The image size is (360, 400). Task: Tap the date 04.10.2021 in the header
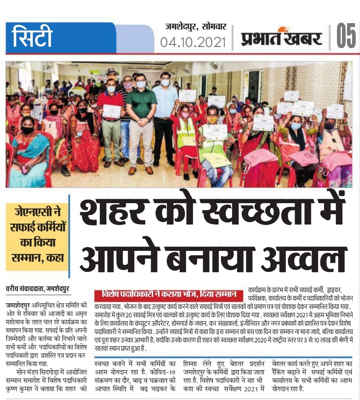pyautogui.click(x=193, y=42)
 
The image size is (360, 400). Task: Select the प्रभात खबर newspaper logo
pyautogui.click(x=282, y=37)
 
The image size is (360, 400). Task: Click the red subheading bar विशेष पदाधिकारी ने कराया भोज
pyautogui.click(x=169, y=295)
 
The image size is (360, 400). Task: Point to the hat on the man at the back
pyautogui.click(x=112, y=71)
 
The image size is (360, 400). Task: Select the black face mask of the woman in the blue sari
pyautogui.click(x=27, y=130)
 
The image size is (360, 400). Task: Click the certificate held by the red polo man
pyautogui.click(x=111, y=111)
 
